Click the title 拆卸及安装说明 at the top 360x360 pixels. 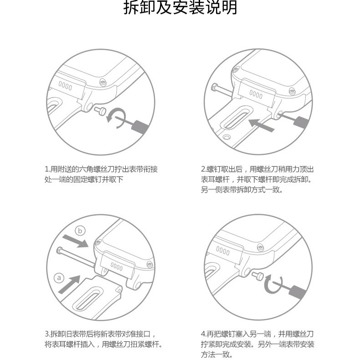point(180,9)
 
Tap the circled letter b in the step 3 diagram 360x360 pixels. point(80,231)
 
